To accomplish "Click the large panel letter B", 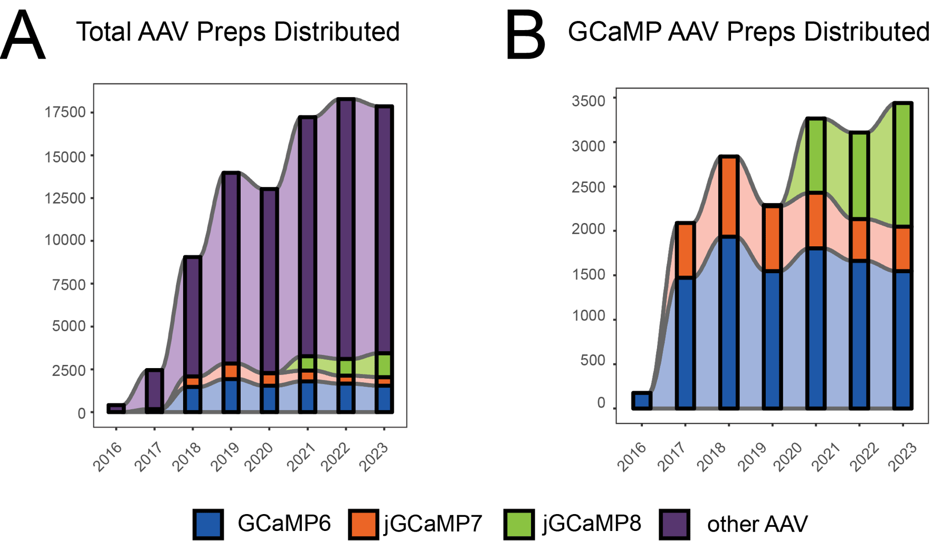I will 525,36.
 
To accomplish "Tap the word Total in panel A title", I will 103,32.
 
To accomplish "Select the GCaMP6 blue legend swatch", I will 208,524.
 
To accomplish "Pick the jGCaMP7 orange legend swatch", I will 364,524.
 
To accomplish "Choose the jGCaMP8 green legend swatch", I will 519,524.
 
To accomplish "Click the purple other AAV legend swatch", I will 674,524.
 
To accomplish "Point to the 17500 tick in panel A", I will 65,112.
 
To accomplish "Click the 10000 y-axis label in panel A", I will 65,240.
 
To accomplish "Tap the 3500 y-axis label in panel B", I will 588,100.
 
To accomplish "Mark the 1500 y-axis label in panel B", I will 588,274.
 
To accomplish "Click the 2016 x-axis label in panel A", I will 108,457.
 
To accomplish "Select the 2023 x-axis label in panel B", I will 903,457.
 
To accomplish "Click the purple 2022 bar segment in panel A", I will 346,227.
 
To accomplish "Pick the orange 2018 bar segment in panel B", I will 729,196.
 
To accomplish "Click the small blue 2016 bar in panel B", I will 642,401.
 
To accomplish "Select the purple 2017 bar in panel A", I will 154,388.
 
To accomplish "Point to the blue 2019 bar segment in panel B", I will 773,340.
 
